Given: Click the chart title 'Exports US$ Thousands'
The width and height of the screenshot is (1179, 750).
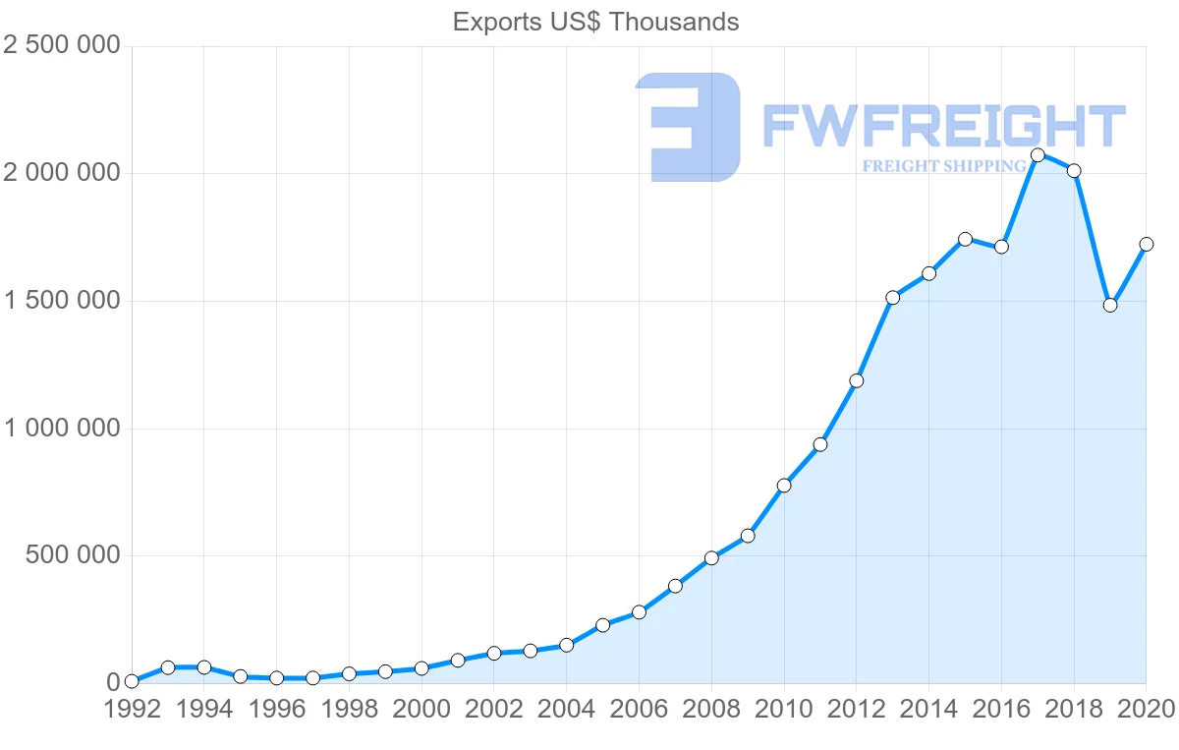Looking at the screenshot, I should tap(595, 22).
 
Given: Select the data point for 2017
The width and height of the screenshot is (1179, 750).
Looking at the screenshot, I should tap(1038, 155).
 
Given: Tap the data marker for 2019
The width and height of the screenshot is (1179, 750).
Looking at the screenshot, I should tap(1110, 305).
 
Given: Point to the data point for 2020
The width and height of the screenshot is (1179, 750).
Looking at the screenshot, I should tap(1146, 244).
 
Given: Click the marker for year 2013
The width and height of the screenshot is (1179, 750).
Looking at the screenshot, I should tap(892, 298).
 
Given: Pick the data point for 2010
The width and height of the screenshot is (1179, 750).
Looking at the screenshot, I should tap(784, 486).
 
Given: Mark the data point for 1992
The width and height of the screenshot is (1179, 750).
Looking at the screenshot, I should tap(132, 681).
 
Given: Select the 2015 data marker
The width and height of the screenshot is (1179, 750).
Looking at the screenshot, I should tap(965, 239).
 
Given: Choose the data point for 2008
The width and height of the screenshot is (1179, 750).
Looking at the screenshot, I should tap(711, 558).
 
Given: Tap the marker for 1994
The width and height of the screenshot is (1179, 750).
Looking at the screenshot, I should tap(204, 667).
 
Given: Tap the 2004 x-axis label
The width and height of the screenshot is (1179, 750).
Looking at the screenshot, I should tap(567, 710).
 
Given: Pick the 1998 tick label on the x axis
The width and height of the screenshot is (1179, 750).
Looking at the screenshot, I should tap(349, 710).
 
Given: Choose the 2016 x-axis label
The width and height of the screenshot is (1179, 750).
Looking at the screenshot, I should tap(1001, 710).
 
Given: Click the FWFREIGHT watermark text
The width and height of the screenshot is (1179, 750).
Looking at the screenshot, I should tap(943, 127).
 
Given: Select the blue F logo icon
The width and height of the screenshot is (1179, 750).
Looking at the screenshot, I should tap(687, 127).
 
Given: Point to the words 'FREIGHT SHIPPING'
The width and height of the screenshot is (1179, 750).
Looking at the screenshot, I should tap(944, 166).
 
